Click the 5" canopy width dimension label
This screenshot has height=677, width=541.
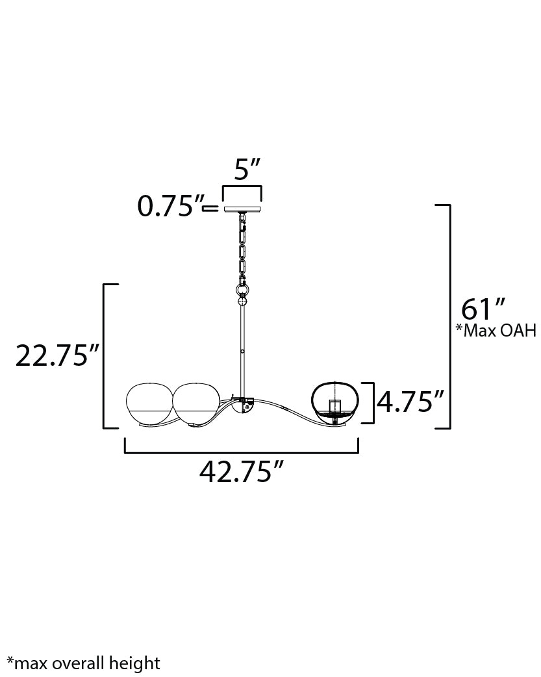[x=247, y=170]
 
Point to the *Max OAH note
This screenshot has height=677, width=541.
[x=496, y=331]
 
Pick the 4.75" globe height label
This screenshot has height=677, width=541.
[x=410, y=402]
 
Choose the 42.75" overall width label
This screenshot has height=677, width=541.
[x=242, y=472]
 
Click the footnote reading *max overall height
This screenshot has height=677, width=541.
[x=84, y=663]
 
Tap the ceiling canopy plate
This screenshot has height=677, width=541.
[x=242, y=209]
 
